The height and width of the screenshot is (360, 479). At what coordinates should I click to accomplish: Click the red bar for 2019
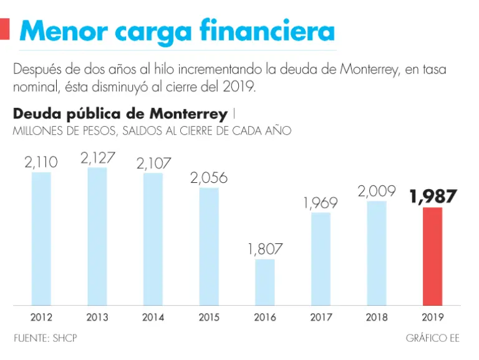432,256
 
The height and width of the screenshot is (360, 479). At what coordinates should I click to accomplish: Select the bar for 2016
265,281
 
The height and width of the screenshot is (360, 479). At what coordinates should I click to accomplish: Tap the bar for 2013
97,236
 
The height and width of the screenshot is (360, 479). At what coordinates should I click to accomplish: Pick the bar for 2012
41,238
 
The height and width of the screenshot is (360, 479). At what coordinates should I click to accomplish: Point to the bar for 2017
321,258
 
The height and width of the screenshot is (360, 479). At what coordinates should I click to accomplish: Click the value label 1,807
265,249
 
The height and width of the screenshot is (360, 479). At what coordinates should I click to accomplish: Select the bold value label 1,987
433,197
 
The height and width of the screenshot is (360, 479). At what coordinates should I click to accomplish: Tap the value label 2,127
98,158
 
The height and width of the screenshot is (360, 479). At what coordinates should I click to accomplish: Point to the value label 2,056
209,178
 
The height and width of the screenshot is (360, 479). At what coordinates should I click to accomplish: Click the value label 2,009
376,192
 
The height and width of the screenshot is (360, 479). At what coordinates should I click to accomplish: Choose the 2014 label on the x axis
153,318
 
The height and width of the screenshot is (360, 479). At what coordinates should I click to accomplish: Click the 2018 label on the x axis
376,318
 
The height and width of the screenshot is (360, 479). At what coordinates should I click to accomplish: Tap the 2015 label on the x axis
209,318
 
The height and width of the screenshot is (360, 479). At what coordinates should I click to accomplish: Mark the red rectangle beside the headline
4,29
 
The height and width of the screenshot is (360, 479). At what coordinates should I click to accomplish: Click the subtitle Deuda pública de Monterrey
120,114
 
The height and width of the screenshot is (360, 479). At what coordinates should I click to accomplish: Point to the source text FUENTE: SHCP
46,338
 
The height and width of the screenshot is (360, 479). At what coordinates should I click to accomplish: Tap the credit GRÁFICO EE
432,338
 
